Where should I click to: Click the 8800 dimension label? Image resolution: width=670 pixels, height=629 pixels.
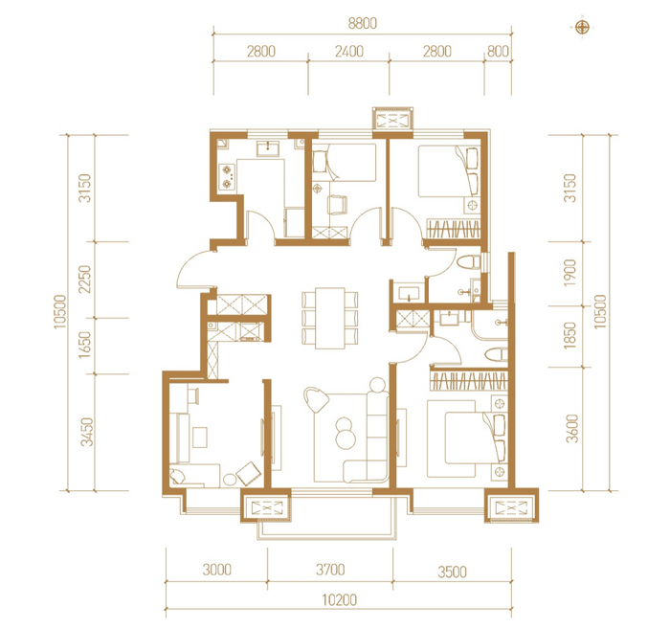click(363, 23)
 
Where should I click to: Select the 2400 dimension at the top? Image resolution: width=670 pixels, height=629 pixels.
click(349, 52)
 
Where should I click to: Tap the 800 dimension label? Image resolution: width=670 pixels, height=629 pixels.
click(499, 52)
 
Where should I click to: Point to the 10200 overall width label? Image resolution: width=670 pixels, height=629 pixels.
click(339, 600)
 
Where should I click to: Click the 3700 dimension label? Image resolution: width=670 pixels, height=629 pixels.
click(330, 570)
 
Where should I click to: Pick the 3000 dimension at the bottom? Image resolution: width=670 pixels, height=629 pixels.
click(217, 570)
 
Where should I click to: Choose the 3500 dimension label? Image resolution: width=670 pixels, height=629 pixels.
click(452, 572)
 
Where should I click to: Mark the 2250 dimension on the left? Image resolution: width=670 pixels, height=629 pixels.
click(85, 279)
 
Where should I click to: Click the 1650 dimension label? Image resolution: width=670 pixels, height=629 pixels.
click(85, 346)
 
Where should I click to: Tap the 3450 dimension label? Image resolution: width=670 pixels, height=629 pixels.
click(87, 432)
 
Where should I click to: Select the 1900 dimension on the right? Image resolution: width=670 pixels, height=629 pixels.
click(570, 273)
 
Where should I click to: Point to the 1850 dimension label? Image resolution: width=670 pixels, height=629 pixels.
click(570, 336)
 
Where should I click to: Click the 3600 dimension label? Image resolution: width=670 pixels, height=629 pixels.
click(572, 429)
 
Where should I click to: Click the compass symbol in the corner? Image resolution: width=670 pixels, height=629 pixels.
click(582, 28)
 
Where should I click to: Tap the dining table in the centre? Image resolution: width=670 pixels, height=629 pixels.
click(330, 318)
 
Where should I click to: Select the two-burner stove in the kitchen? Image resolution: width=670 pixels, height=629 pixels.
click(227, 177)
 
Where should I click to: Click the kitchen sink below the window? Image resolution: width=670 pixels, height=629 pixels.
click(268, 148)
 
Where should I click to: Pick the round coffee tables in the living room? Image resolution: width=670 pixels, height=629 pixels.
click(346, 433)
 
